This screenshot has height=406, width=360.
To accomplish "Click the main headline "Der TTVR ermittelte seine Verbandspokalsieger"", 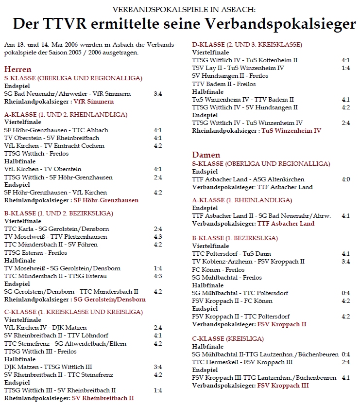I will (184, 24).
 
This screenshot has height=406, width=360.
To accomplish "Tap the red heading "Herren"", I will (17, 70).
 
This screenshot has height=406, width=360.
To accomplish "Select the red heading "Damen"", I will (206, 155).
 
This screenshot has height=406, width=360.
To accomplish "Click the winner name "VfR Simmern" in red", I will (94, 102).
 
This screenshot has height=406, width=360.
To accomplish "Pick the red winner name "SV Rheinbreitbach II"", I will (103, 398).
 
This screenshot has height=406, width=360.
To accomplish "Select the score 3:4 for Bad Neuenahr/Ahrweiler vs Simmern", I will (158, 94).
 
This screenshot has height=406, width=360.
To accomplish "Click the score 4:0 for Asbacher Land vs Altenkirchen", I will (345, 179).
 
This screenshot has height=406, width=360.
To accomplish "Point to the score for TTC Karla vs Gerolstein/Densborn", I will (158, 229).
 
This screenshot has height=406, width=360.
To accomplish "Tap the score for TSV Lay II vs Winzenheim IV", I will (345, 68).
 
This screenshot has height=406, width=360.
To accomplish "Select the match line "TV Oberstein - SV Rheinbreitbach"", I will (51, 138).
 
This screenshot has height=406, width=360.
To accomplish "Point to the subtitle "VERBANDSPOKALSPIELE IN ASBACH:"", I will (183, 9).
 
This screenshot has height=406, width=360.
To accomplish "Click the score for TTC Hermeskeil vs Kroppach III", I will (345, 362).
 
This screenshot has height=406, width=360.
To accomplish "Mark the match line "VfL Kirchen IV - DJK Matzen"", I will (39, 328).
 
